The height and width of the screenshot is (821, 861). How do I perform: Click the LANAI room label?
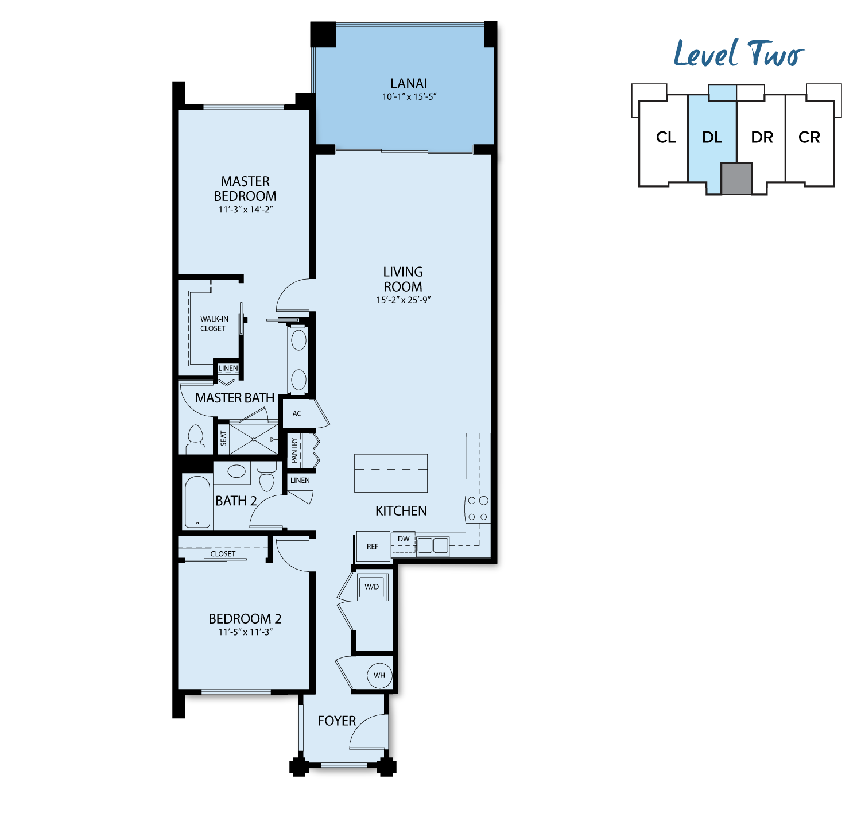point(408,83)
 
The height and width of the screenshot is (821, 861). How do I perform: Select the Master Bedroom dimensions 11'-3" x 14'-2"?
point(245,210)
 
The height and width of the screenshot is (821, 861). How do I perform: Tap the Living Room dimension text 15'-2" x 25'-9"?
point(403,300)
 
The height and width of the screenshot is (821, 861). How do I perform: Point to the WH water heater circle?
point(379,675)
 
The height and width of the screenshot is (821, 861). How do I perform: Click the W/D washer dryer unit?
point(372,587)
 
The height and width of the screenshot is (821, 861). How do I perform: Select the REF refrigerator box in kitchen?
point(373,547)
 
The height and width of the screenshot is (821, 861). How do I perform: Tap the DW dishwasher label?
point(404,539)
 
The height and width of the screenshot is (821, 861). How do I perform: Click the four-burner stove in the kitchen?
point(478,509)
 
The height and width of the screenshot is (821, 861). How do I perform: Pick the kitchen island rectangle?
point(391,473)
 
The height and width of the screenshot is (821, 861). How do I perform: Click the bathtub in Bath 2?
point(197,502)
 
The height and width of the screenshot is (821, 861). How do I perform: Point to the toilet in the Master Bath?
point(195,440)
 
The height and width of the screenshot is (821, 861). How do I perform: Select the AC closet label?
point(297,413)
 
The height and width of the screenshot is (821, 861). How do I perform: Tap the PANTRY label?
point(294,450)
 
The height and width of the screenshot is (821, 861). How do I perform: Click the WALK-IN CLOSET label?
point(214,324)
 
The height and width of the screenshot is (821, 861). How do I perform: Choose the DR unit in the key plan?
point(762,138)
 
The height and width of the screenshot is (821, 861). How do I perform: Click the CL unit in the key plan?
point(666,138)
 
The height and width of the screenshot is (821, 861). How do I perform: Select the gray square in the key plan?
point(736,179)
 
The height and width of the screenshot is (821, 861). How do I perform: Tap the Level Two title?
point(739,53)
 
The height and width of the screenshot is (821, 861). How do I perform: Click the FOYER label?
point(336,721)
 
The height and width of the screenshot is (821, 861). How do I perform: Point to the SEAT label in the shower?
point(223,439)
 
